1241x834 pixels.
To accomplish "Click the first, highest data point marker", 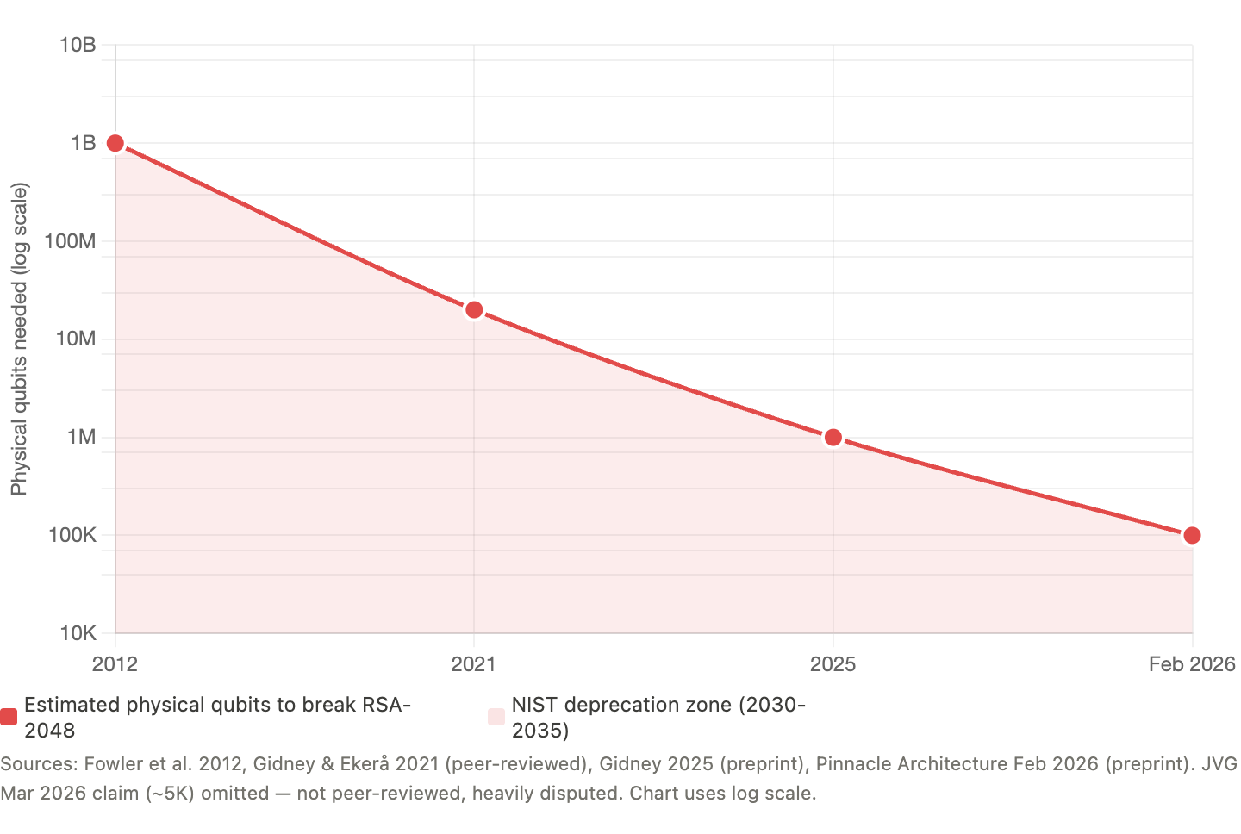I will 115,143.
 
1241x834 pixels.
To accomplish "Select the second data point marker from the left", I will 474,309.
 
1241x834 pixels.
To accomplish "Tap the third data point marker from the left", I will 833,438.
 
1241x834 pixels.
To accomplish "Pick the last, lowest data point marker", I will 1192,536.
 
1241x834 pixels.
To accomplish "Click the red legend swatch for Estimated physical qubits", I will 9,717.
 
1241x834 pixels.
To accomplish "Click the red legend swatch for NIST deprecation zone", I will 496,717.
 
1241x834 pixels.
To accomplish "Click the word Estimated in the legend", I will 72,705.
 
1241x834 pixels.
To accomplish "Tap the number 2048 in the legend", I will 49,731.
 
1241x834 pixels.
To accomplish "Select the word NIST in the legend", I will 534,705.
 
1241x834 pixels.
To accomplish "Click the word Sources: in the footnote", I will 38,764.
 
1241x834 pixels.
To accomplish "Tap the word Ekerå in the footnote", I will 365,764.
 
